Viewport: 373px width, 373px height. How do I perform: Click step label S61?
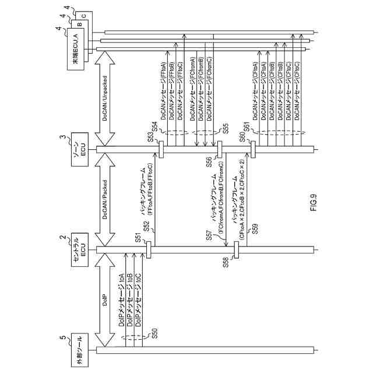tap(247, 126)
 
